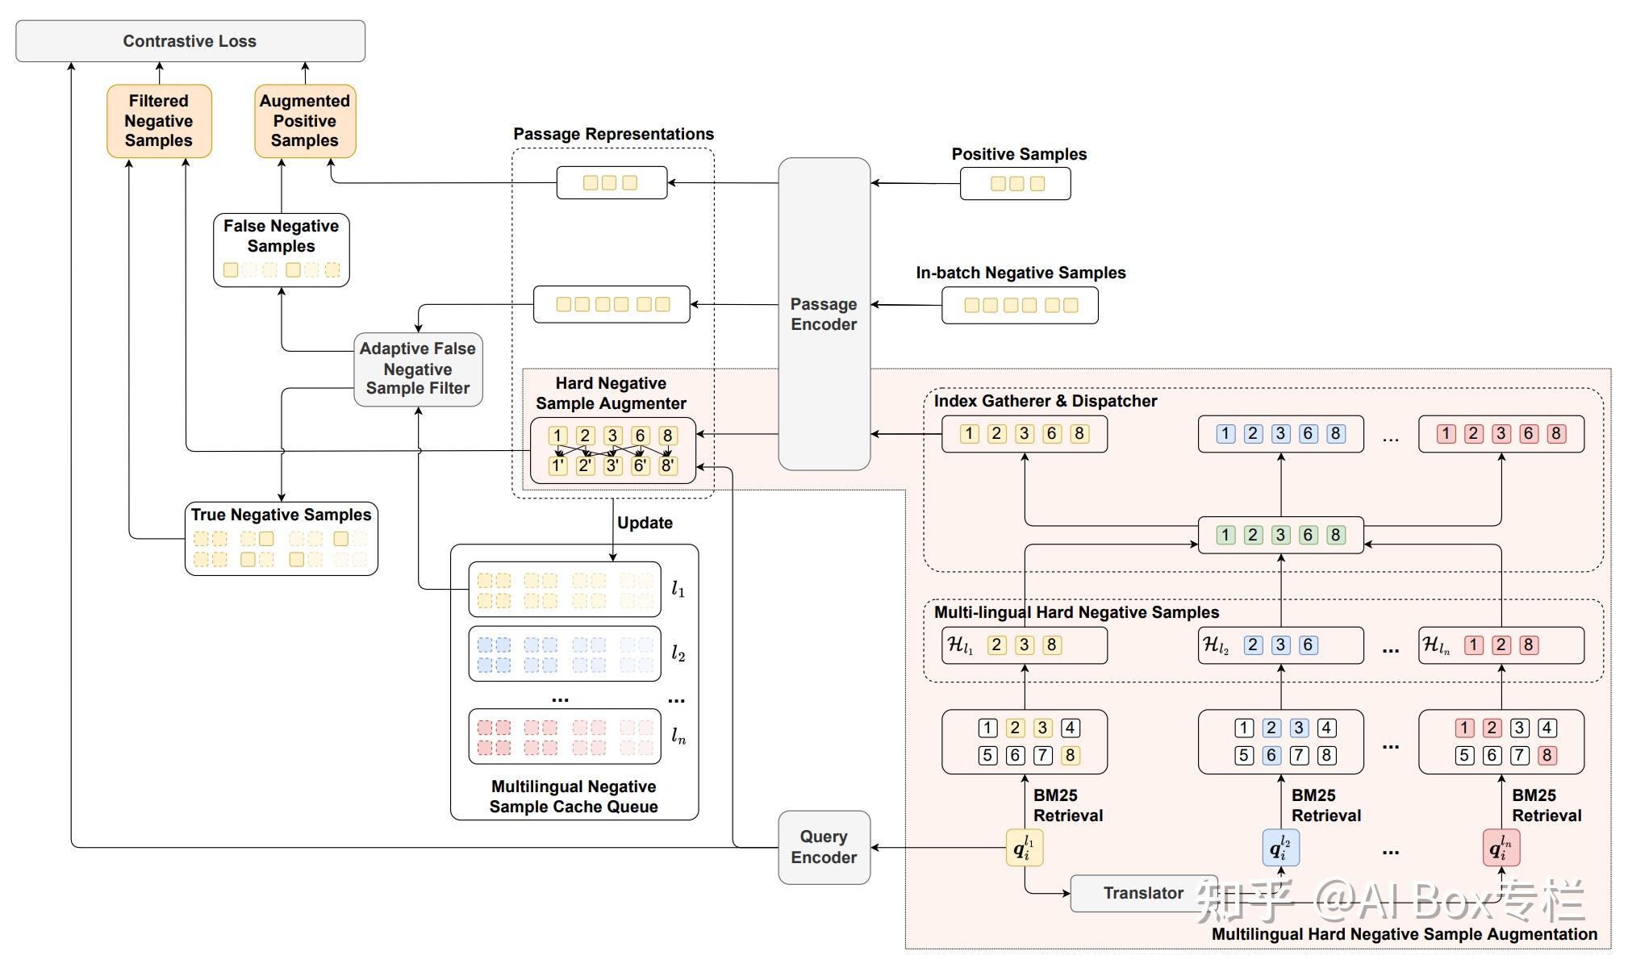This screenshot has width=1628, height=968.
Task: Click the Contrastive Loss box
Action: [x=190, y=41]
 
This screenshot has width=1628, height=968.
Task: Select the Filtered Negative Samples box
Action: [x=159, y=121]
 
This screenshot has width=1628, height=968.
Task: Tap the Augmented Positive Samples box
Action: [x=305, y=121]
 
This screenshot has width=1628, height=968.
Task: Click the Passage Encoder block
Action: [x=824, y=314]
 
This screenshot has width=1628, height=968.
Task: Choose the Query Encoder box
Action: [x=824, y=847]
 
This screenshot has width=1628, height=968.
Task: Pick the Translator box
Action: [x=1143, y=893]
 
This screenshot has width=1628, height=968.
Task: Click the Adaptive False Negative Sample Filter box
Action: [x=418, y=369]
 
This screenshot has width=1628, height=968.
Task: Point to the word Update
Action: [x=645, y=523]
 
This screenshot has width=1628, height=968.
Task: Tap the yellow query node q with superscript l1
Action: [x=1025, y=848]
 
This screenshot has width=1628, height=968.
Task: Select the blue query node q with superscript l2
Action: [x=1280, y=848]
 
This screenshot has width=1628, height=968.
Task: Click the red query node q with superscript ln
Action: [x=1501, y=848]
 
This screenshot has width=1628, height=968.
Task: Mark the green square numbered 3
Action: [x=1280, y=535]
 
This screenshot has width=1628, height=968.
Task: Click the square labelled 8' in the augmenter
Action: [x=667, y=465]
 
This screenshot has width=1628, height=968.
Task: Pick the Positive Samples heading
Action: [x=1019, y=154]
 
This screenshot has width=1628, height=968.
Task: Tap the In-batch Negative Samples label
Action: [x=1021, y=273]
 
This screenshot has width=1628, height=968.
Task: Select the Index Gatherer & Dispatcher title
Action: [x=1045, y=401]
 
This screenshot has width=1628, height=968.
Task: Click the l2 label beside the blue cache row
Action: [x=678, y=654]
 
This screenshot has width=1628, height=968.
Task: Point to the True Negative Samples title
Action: [x=281, y=515]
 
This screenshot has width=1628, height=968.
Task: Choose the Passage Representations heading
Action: [x=613, y=134]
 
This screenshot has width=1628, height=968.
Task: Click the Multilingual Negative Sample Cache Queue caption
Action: [x=574, y=796]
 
